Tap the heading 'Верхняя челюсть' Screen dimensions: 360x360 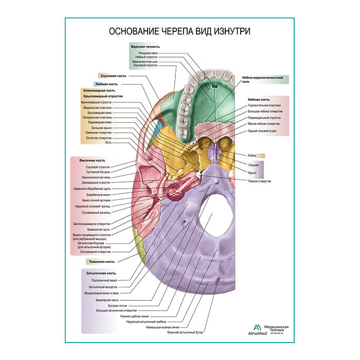click(x=146, y=46)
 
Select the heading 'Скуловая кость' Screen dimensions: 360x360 click(x=114, y=76)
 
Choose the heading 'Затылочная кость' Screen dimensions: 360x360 click(x=100, y=273)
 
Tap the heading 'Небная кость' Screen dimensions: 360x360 click(x=259, y=99)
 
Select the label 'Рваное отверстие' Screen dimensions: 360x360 click(x=260, y=181)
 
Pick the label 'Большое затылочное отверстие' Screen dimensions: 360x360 click(x=117, y=310)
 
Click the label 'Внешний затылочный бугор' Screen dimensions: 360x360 click(x=186, y=333)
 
